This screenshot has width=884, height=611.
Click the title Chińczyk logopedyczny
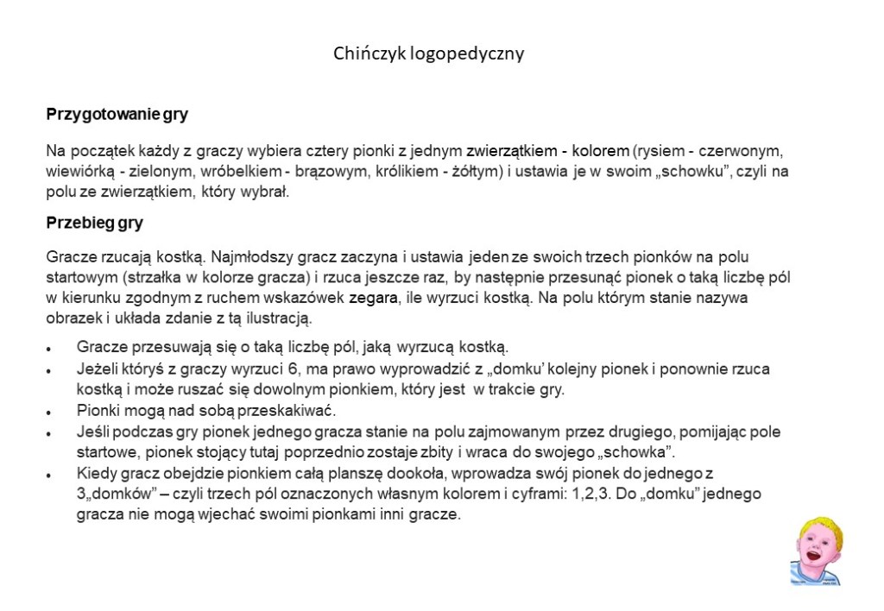tap(429, 54)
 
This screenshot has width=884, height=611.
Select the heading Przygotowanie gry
tap(117, 114)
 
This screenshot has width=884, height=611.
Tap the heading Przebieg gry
tap(94, 223)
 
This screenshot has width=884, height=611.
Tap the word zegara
tap(375, 299)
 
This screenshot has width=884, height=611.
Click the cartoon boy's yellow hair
tap(818, 526)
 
